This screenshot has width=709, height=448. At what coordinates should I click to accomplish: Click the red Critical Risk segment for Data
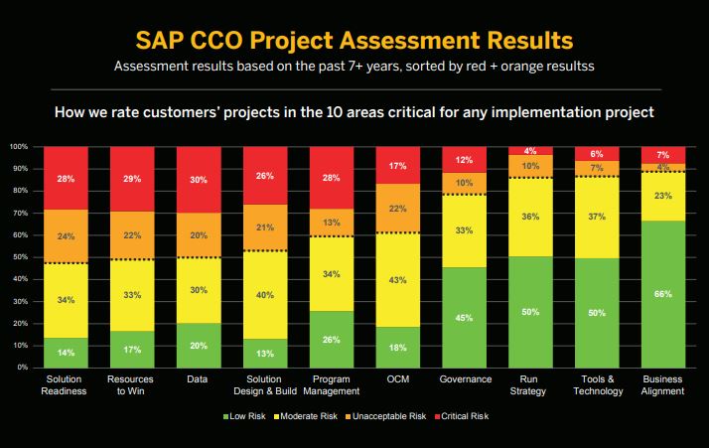click(199, 180)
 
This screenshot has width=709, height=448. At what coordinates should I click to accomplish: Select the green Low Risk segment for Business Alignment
click(662, 294)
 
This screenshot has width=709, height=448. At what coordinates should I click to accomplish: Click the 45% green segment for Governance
click(463, 318)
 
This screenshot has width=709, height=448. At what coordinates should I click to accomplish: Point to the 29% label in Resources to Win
click(132, 179)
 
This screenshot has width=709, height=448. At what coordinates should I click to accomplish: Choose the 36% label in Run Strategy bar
click(530, 218)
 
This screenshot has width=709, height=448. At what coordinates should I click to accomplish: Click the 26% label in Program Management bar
click(333, 339)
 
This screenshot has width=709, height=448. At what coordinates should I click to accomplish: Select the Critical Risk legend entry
click(464, 416)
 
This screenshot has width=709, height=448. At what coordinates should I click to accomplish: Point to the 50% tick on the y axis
click(20, 257)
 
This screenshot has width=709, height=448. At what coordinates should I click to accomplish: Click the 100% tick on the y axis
click(18, 147)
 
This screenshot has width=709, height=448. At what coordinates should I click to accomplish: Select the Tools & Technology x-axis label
click(596, 385)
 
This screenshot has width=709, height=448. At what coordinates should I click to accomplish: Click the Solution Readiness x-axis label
click(66, 385)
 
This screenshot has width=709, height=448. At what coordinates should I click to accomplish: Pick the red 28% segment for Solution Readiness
click(66, 178)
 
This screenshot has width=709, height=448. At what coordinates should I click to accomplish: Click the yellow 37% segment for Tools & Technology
click(596, 218)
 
